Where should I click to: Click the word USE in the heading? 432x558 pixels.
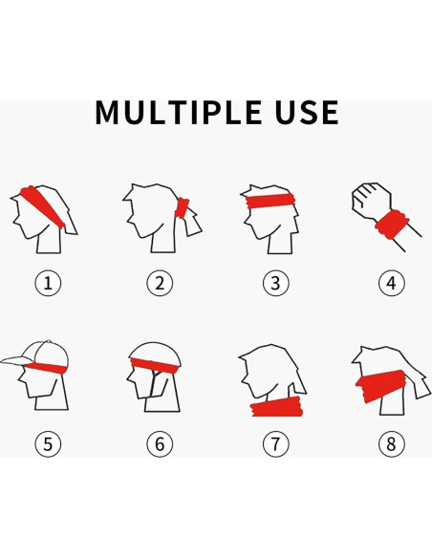[x=300, y=113]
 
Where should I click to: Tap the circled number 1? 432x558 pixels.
[x=48, y=283]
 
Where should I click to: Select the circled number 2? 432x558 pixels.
[x=160, y=283]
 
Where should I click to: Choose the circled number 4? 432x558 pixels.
[x=390, y=283]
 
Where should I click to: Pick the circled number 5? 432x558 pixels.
[x=48, y=443]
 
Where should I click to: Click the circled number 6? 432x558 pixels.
[x=160, y=443]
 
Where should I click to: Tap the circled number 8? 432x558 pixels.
[x=390, y=443]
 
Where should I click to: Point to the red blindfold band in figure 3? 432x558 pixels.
[x=270, y=201]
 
